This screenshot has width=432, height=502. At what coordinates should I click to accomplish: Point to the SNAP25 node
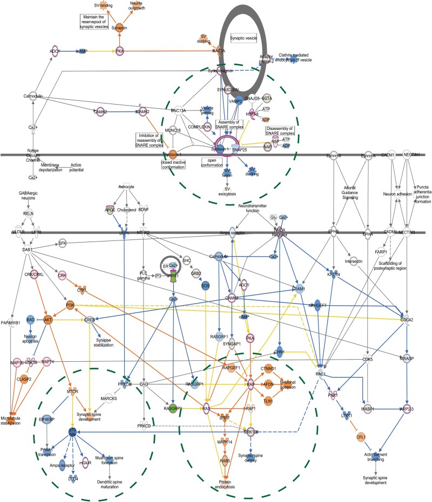click(x=239, y=149)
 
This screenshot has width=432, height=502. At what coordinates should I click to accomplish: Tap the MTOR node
click(x=73, y=390)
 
